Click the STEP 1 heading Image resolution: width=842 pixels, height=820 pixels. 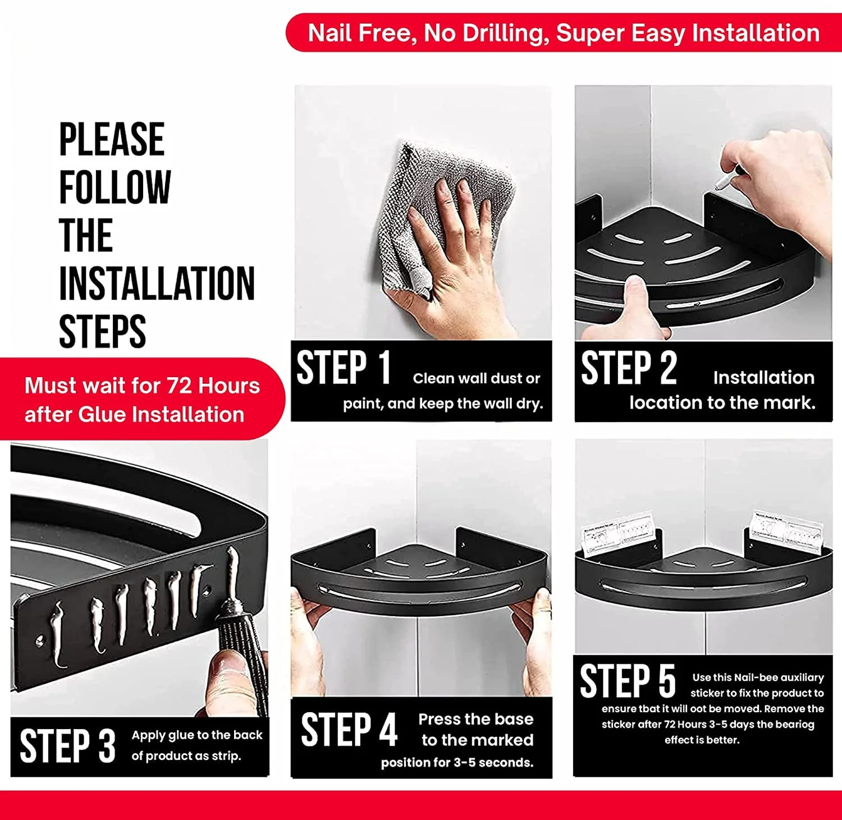click(344, 368)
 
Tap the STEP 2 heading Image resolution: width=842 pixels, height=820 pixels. click(629, 368)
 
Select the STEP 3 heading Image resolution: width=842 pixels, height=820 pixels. click(67, 746)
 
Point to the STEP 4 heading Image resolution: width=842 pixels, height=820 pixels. click(349, 730)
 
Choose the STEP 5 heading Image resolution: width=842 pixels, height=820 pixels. click(628, 681)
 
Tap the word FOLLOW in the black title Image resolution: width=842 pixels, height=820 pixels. click(115, 187)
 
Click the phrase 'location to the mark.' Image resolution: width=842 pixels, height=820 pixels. click(722, 402)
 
